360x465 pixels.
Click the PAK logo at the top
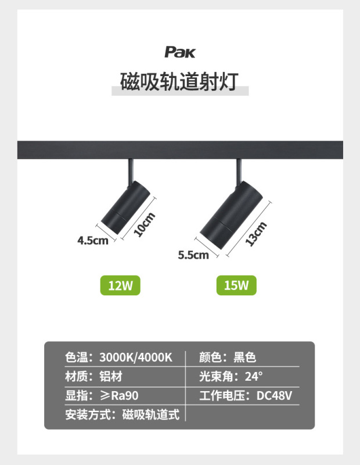pos(180,52)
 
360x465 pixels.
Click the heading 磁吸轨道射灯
pos(179,81)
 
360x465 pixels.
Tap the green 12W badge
pos(121,285)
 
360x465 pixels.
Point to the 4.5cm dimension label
pos(93,240)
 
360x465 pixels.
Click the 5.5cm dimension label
pos(193,255)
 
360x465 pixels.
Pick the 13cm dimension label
pos(255,234)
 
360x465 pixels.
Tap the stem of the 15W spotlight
pos(239,170)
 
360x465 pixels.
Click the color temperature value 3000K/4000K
pos(136,357)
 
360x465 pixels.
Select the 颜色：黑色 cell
pos(228,357)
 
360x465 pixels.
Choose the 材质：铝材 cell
pos(93,377)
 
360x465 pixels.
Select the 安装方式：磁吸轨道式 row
pos(122,414)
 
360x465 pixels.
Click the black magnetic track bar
pos(180,149)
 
